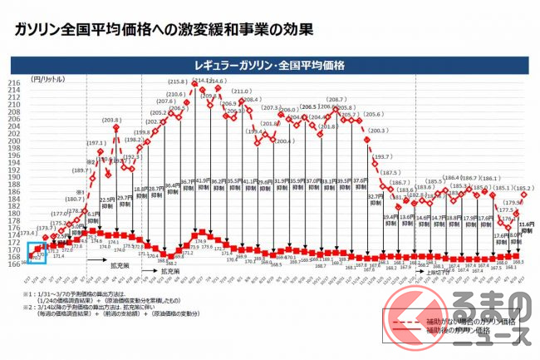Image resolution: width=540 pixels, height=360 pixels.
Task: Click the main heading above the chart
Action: coord(159,32)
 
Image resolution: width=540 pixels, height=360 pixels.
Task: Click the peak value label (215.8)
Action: coord(177,82)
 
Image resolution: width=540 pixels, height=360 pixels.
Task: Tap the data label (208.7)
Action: coord(336,99)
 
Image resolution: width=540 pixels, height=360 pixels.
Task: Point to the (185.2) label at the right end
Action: coord(523,189)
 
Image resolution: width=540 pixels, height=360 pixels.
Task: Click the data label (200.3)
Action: coord(376,131)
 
